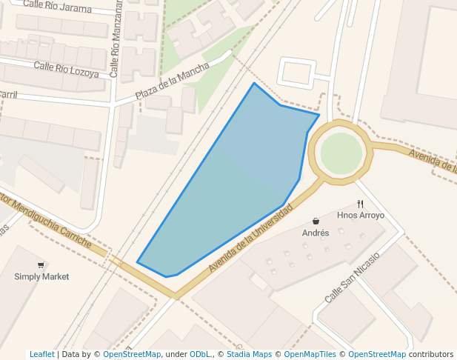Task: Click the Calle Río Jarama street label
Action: (x=57, y=7)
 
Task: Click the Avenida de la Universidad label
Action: (x=250, y=239)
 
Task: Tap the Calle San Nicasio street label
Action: (x=352, y=277)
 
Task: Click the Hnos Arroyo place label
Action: (x=361, y=216)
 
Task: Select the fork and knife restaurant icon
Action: (x=361, y=204)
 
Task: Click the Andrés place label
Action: (x=316, y=233)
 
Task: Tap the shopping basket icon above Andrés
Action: (x=316, y=221)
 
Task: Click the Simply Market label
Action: (x=41, y=276)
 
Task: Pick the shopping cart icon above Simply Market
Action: (x=41, y=264)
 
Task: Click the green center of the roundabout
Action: (x=341, y=153)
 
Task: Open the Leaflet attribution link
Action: (x=41, y=354)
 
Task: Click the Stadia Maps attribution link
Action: (x=249, y=354)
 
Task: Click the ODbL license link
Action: (x=200, y=354)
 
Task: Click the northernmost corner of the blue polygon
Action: (x=254, y=83)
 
